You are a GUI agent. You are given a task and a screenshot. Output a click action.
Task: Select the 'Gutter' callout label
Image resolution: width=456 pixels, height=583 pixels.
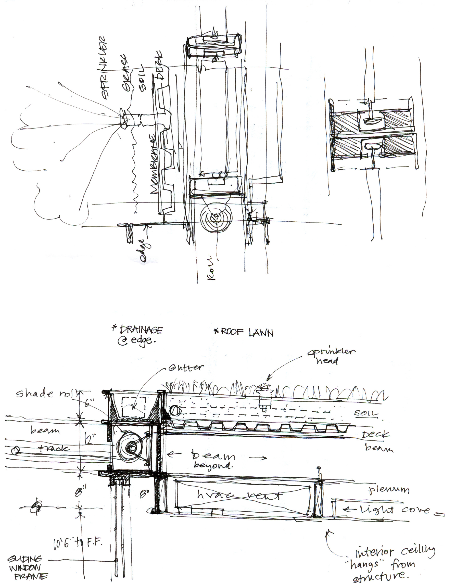[x=186, y=368]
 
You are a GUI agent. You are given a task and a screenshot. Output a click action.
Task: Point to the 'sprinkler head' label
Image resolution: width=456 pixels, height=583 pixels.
[x=331, y=356]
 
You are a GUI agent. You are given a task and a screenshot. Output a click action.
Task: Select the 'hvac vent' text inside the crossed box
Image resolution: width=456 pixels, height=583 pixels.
[x=239, y=495]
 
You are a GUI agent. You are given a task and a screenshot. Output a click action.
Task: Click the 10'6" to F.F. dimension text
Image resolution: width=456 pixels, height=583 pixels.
[x=78, y=543]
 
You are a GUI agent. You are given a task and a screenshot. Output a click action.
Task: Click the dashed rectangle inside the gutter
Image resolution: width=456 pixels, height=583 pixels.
[x=134, y=407]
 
